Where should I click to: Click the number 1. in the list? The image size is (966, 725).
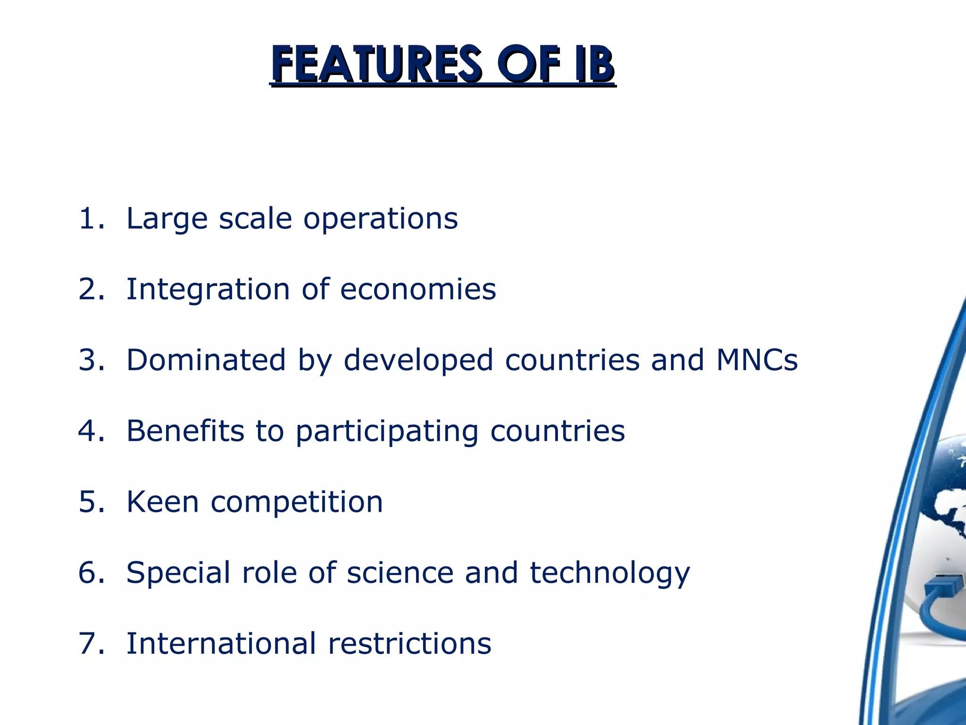(x=92, y=219)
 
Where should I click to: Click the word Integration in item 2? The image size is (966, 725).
(x=208, y=289)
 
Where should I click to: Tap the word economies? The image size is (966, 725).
(x=418, y=289)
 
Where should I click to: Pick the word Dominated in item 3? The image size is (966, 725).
(x=206, y=360)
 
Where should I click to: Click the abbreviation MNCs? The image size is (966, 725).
(x=757, y=360)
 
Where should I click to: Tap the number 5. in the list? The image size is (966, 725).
(x=92, y=502)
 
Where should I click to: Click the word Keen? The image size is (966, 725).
(x=162, y=502)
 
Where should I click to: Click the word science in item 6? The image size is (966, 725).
(x=400, y=573)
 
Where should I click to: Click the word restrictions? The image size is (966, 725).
(x=409, y=643)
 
